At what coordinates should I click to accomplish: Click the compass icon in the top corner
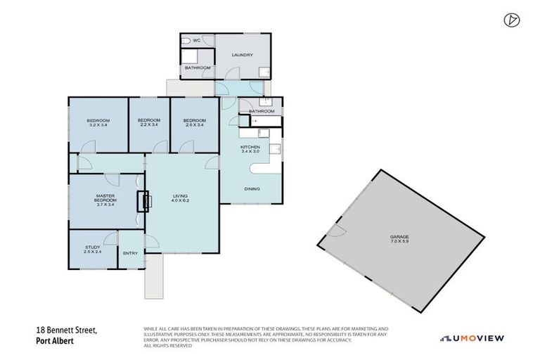coord(511,20)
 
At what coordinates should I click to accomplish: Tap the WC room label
coord(198,41)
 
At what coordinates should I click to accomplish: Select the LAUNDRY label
coord(242,55)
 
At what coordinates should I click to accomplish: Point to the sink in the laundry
coord(263,71)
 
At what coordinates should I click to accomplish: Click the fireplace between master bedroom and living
coord(146,201)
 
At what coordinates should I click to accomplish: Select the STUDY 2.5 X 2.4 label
coord(92,250)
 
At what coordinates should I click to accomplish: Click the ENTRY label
coord(130,253)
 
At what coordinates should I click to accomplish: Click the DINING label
coord(252,189)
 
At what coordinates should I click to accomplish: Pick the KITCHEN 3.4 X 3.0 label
coord(250,149)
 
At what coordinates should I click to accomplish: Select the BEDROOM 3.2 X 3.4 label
coord(98,122)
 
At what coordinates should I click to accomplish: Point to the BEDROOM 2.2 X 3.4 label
coord(149,122)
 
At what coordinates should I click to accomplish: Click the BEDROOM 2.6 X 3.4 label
coord(194,122)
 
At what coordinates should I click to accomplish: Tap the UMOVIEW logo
coord(472,338)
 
